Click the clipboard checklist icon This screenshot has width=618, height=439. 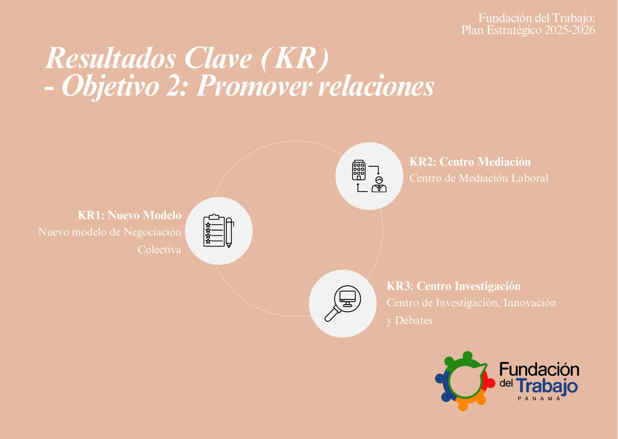pos(214,230)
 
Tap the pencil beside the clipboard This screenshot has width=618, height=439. pos(229,233)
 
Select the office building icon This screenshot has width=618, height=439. pos(358,170)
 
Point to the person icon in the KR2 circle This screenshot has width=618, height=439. pos(379,184)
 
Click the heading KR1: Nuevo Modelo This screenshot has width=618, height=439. pos(129,215)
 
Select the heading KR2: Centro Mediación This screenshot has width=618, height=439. pos(470,162)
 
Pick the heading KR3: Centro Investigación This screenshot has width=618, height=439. pos(454,286)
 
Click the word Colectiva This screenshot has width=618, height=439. pos(159,250)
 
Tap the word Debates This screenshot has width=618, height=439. pos(414,320)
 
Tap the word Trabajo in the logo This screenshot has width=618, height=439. pos(547,386)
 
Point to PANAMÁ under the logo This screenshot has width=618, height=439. pos(539,399)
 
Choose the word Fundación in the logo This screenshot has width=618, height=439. pos(539,370)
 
